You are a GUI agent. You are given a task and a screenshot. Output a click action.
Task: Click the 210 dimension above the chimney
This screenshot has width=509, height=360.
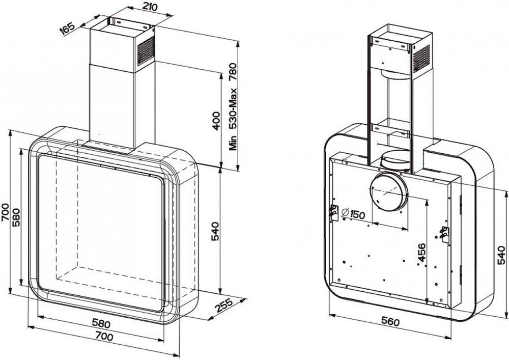150,7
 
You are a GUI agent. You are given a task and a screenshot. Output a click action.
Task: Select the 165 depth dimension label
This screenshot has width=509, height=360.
68,28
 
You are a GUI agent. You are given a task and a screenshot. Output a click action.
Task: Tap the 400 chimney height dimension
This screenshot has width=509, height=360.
216,121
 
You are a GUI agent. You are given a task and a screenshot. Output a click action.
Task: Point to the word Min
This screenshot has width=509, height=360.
233,143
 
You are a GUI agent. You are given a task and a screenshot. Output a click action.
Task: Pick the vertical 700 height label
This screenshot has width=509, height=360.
5,212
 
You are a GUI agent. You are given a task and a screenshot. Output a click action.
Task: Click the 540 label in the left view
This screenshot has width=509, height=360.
215,231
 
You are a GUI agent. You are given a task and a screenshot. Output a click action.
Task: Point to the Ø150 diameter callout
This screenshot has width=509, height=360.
353,214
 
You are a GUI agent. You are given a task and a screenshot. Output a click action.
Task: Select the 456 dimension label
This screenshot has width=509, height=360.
421,252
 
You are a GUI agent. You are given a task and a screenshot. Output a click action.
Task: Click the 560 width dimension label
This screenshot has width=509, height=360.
390,322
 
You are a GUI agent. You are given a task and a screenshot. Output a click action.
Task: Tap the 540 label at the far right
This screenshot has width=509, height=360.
501,255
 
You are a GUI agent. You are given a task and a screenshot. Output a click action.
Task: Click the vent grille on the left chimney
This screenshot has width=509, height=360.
146,50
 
